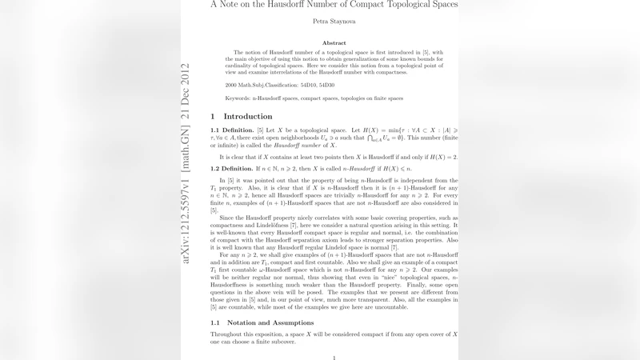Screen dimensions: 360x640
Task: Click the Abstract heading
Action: [334, 43]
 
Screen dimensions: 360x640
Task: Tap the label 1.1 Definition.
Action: [232, 130]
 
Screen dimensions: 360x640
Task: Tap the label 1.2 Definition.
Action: [232, 170]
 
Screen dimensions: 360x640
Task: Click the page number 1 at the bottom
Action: [334, 358]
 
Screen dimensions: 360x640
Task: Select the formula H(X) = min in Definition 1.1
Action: [381, 130]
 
